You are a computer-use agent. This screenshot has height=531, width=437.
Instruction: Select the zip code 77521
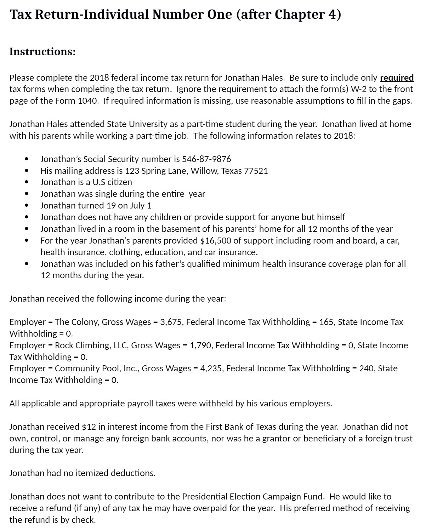tap(256, 171)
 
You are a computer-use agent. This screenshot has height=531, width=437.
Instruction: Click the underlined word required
tap(397, 78)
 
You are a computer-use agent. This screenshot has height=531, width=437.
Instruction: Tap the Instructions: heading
tap(42, 52)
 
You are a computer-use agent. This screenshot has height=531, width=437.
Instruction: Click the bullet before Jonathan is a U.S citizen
tap(27, 182)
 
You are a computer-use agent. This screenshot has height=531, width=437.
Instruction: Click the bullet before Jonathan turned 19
tap(27, 205)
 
